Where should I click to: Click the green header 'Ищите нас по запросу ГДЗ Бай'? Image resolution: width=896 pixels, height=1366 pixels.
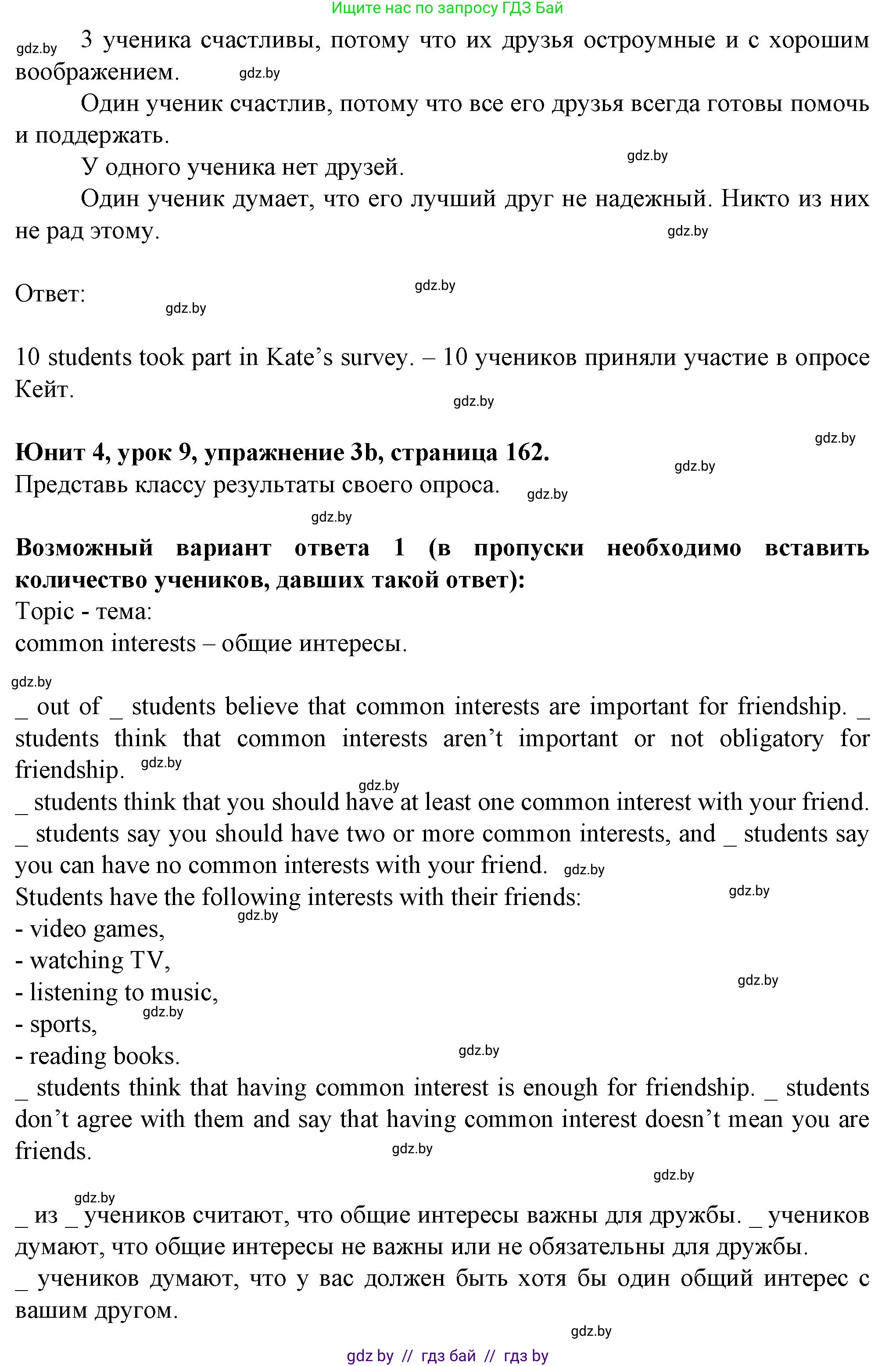coord(447,8)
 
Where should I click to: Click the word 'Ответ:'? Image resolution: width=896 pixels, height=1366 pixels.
coord(50,294)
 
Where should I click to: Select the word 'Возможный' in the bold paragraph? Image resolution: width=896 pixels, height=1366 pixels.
coord(84,547)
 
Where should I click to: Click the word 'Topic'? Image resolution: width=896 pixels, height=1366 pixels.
coord(45,611)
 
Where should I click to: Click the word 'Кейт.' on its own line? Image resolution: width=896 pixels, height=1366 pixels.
coord(44,390)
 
